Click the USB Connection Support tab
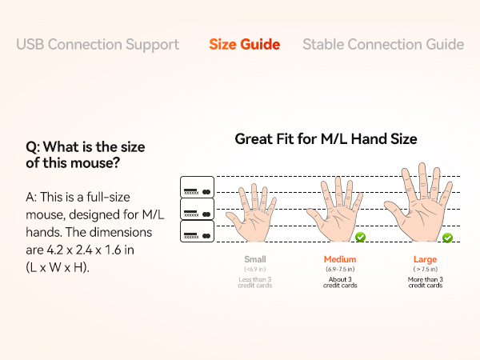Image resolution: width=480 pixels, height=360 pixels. [98, 44]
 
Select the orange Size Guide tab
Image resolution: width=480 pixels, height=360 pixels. [244, 44]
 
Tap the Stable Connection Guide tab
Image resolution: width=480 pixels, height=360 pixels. [382, 44]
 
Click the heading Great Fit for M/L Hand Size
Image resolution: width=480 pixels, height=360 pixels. [326, 139]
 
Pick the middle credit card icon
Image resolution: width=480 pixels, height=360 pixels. [197, 210]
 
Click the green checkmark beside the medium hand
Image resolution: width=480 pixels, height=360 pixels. [360, 237]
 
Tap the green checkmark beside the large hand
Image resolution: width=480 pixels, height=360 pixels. [447, 238]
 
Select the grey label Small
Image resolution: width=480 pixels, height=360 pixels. [254, 259]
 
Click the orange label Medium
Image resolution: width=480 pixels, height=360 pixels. [341, 259]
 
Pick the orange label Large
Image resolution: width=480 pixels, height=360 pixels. [425, 259]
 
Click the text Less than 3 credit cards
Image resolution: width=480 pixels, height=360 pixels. [254, 282]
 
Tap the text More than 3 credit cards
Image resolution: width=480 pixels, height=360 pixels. [425, 282]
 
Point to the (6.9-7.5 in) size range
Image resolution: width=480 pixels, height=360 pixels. [341, 270]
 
